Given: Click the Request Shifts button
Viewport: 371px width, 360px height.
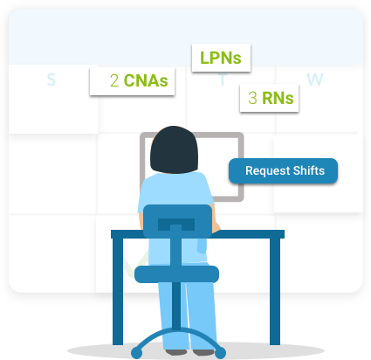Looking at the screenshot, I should (283, 171).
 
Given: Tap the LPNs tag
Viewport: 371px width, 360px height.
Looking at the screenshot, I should (221, 59).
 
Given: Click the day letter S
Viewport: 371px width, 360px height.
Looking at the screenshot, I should (51, 80).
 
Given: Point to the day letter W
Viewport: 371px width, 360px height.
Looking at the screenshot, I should (315, 80).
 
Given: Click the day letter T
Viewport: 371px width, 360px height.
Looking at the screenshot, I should (223, 81).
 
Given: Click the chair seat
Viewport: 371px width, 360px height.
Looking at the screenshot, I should (176, 273).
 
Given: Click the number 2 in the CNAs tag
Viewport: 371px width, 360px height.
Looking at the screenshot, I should (114, 81).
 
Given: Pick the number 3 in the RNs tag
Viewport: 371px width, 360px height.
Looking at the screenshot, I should (252, 98).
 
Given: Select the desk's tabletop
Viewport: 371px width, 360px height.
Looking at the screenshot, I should (197, 233).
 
